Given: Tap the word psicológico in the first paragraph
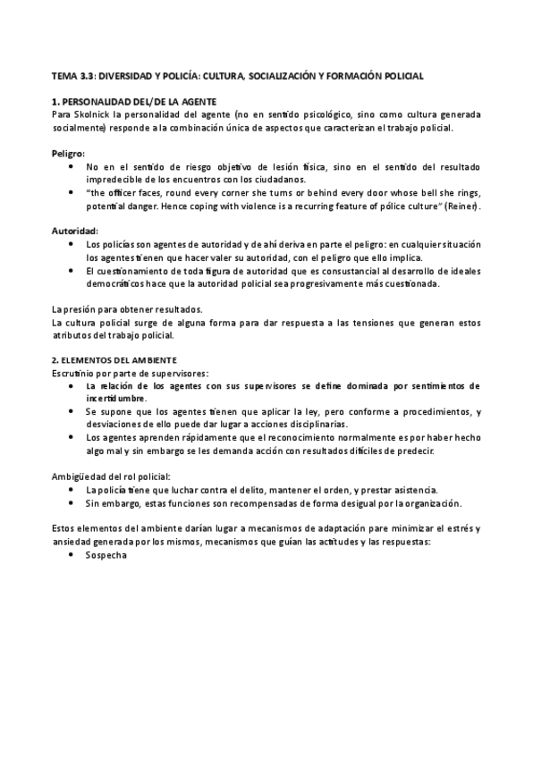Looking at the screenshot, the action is tap(337, 114).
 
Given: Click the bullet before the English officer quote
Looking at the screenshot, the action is tap(72, 192).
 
